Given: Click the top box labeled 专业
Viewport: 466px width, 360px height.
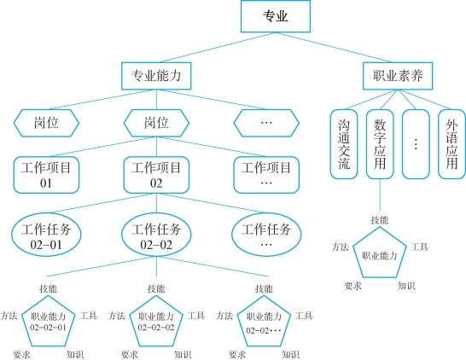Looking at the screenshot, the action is [x=276, y=16].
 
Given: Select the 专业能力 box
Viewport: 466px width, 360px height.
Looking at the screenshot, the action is [x=156, y=76].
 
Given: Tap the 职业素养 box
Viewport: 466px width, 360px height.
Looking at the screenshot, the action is [x=398, y=76].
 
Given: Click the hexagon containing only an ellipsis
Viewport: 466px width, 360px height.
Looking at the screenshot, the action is [x=266, y=123].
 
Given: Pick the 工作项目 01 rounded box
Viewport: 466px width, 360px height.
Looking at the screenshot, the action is [x=46, y=175].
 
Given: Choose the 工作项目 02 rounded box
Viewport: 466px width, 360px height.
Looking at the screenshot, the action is [x=156, y=175].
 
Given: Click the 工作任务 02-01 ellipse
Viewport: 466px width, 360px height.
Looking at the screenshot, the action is [x=46, y=235].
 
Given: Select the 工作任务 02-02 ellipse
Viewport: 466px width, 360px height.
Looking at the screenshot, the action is [x=156, y=235].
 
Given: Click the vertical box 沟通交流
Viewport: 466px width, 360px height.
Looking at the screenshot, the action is [x=344, y=144].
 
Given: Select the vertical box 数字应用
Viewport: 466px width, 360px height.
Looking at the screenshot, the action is [x=380, y=144].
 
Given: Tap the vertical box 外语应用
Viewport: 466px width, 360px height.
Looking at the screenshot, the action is [x=451, y=144].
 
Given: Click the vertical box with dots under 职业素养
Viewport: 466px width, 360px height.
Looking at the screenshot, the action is [x=416, y=144].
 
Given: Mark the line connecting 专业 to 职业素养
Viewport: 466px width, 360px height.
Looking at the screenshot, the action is [x=334, y=47].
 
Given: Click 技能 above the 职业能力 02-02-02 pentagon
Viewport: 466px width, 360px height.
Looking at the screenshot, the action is [x=156, y=288].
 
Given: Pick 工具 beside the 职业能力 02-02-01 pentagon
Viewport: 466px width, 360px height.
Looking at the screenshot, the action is [x=88, y=316].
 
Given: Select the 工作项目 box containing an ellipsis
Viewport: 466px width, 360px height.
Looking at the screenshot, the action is [x=266, y=175].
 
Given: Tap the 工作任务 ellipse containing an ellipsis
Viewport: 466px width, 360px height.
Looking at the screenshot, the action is [x=266, y=235].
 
